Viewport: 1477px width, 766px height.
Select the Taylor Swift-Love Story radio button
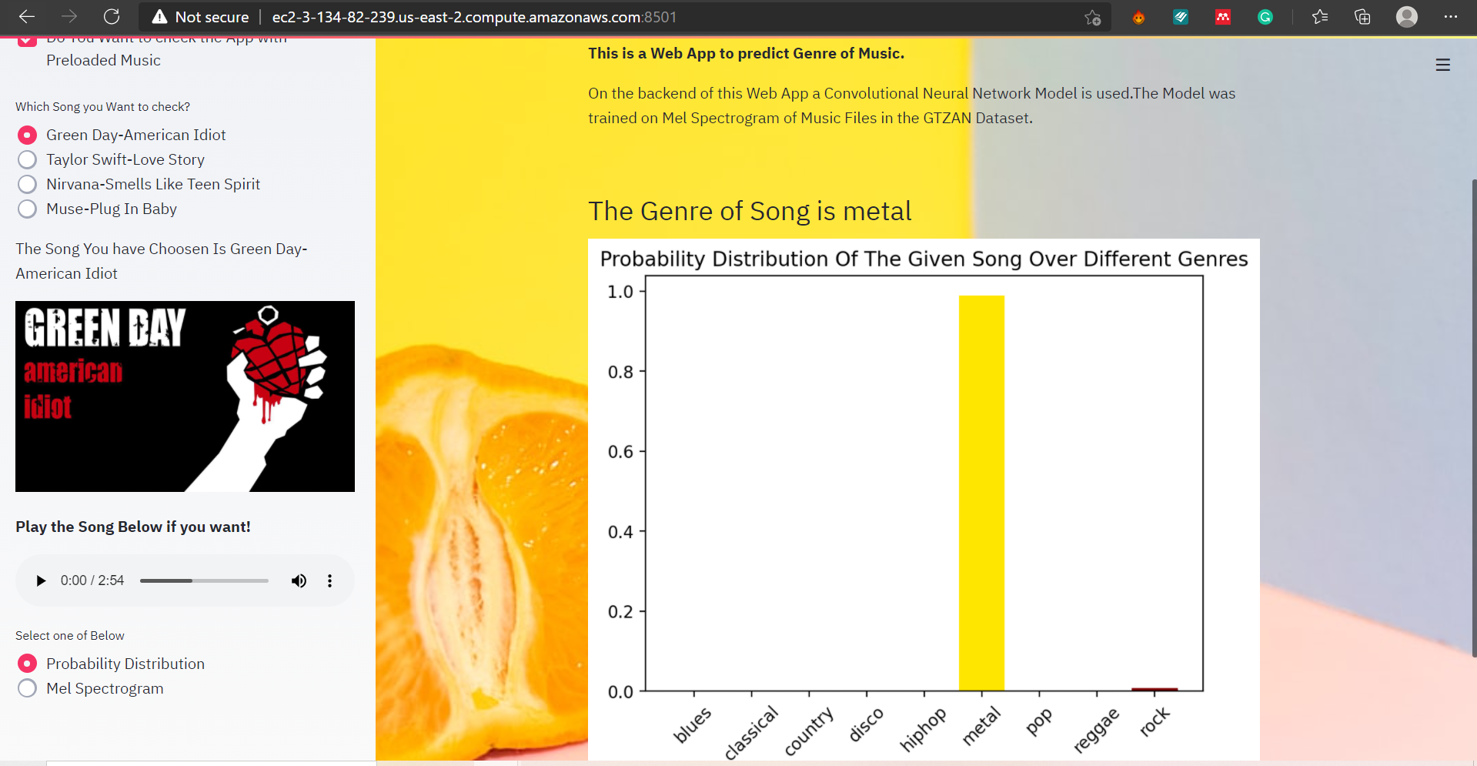[x=27, y=159]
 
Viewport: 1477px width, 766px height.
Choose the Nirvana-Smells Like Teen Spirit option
[x=27, y=184]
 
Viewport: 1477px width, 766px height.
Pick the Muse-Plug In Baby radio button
[x=27, y=209]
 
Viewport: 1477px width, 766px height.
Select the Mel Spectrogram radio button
[x=27, y=688]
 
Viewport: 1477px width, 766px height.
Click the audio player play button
[x=41, y=580]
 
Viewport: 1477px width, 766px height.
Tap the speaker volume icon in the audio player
[x=299, y=580]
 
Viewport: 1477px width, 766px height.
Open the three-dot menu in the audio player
[x=329, y=580]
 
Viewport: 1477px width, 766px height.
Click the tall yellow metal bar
[x=981, y=493]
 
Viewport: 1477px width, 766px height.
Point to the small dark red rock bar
[x=1155, y=689]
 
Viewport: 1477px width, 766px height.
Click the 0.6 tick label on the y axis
[x=620, y=452]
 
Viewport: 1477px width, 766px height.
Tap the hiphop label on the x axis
[x=923, y=729]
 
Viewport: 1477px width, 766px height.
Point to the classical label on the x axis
[x=751, y=732]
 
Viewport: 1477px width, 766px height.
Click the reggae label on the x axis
[x=1096, y=730]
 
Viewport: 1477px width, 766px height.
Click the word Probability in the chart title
[x=652, y=259]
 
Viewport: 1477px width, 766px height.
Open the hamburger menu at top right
[x=1443, y=65]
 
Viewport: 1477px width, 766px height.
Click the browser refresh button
[x=112, y=16]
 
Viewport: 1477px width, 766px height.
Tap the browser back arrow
[x=27, y=16]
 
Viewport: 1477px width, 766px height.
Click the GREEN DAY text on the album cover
[x=105, y=328]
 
